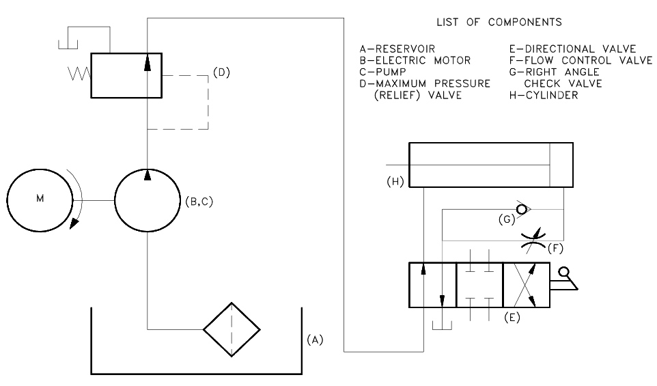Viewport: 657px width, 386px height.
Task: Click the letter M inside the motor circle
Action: point(39,200)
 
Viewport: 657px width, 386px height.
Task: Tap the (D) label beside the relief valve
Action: point(221,72)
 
